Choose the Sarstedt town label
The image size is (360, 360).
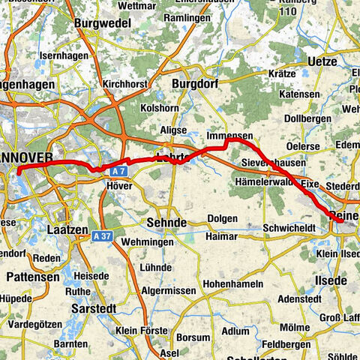(91, 307)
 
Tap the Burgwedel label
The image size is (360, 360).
(98, 24)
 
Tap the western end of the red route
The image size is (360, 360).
(16, 170)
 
